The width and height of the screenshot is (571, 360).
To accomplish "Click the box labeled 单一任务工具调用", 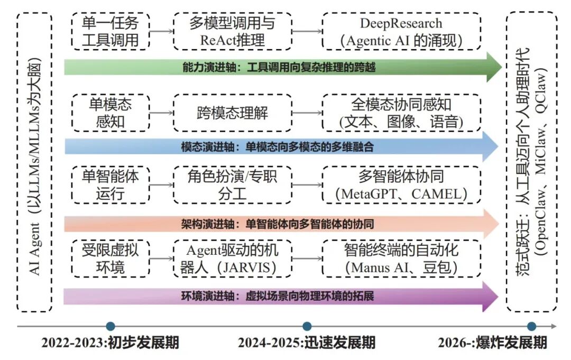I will point(110,31).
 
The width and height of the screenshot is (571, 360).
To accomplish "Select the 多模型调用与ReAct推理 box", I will point(232,31).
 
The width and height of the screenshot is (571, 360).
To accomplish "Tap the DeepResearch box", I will point(401,31).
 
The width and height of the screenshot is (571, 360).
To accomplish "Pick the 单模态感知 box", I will point(110,113).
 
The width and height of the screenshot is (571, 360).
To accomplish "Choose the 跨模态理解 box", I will point(232,113).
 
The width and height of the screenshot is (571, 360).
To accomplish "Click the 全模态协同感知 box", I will point(401,113).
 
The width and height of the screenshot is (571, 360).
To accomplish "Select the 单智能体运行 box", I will point(110,184).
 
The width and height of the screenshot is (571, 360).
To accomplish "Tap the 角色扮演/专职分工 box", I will point(232,184).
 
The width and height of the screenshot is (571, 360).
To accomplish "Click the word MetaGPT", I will point(373,193).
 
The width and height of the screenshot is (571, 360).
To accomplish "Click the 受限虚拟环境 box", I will point(110,257).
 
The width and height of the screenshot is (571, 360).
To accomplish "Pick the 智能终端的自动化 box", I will point(401,257).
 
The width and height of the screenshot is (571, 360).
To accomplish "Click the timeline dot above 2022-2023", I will point(110,326).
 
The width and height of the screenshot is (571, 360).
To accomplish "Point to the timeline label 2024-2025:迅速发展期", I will point(307,343).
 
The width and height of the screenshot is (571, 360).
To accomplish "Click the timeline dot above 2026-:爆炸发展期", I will point(531,326).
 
